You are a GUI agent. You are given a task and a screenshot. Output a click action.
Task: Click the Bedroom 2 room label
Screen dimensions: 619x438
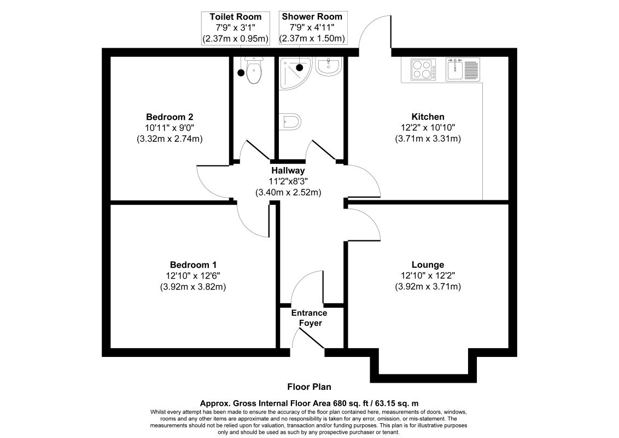click(170, 117)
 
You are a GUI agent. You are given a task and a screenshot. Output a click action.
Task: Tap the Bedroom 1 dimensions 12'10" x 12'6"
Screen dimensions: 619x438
click(193, 276)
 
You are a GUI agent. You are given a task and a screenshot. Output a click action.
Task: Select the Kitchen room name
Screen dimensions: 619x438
click(428, 117)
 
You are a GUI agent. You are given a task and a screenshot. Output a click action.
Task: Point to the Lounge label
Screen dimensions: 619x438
click(428, 265)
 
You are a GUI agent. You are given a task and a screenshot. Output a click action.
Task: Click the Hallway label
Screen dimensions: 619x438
click(288, 171)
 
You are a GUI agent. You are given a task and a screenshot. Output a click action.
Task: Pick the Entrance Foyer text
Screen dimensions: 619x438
click(309, 318)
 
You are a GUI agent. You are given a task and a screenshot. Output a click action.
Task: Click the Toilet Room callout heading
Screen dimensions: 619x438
click(236, 16)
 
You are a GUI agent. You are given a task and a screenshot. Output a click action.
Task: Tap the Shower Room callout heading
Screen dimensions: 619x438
click(312, 16)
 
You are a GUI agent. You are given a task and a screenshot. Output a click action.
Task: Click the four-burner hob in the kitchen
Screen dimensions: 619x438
click(423, 69)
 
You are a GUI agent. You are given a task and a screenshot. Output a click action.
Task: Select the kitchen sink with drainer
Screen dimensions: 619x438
click(463, 69)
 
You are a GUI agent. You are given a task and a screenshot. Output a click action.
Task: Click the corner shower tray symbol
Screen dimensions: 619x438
click(295, 73)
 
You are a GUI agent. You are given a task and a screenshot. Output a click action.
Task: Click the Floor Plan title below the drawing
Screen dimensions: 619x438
click(309, 387)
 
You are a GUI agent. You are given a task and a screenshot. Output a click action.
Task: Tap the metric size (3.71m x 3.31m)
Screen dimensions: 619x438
click(428, 139)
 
